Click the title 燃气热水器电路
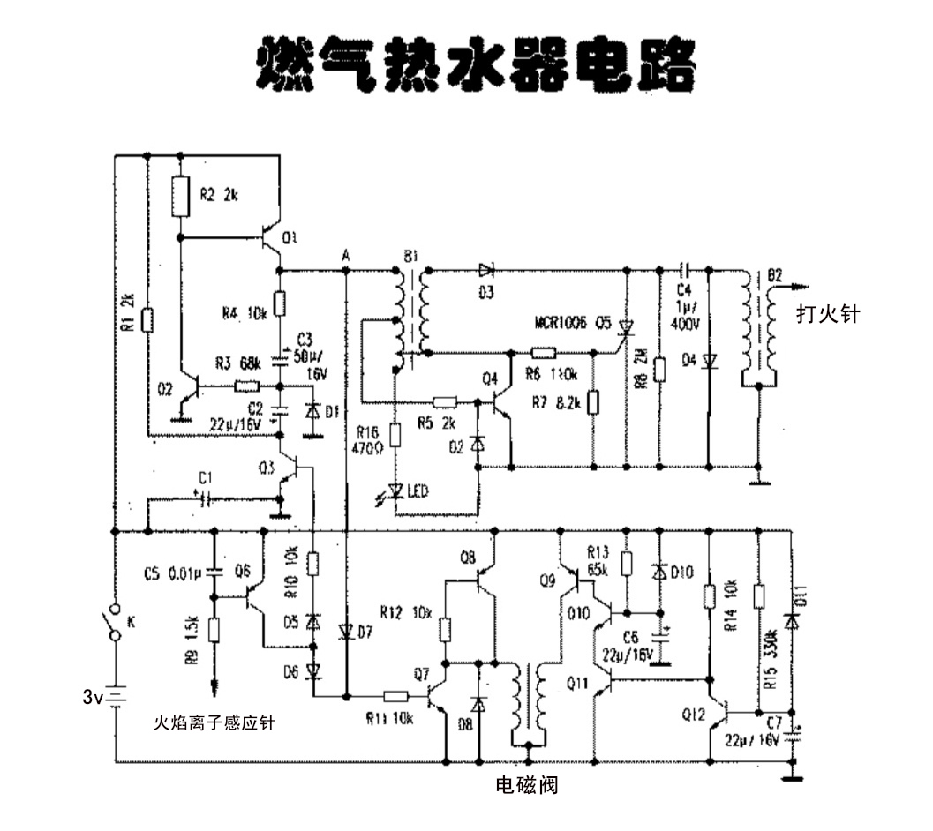[474, 64]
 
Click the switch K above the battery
[114, 623]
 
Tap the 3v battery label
[94, 697]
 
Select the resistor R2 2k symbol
[180, 196]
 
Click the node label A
[346, 255]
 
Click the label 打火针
[827, 313]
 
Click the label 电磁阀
[526, 785]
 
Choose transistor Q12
[719, 712]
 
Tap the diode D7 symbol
[345, 632]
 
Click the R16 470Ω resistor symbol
[395, 435]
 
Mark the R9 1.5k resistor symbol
[213, 629]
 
